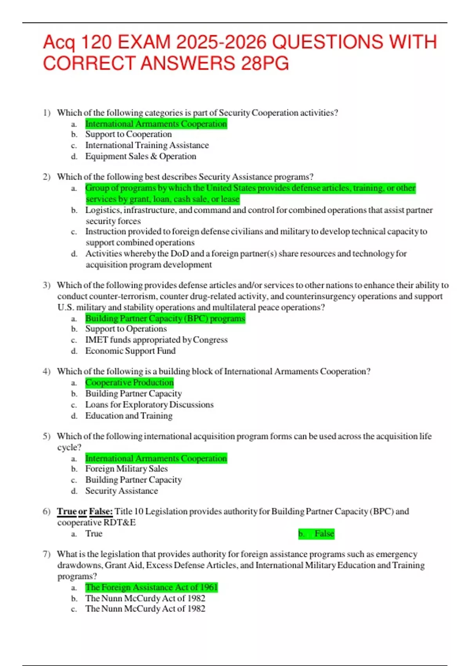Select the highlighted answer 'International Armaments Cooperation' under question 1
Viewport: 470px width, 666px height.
click(156, 124)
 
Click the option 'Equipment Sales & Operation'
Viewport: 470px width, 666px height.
click(141, 156)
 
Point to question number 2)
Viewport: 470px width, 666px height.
click(47, 177)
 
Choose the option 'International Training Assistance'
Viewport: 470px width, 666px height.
click(147, 145)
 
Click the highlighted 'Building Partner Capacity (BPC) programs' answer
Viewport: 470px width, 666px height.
click(165, 318)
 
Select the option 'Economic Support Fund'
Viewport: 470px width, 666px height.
click(130, 351)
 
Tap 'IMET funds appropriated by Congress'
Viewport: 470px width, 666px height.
click(156, 340)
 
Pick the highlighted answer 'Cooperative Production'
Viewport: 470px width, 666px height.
click(129, 382)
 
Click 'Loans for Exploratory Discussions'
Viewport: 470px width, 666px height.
click(149, 405)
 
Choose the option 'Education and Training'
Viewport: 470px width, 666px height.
click(129, 416)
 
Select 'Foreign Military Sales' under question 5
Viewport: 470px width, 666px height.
click(126, 469)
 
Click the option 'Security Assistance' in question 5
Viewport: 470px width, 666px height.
click(121, 491)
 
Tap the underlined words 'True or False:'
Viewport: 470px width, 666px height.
click(85, 512)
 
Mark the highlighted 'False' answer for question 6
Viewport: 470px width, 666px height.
click(324, 534)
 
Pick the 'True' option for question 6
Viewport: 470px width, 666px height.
click(94, 534)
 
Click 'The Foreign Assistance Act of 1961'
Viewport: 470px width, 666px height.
click(151, 587)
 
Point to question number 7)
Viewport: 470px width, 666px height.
click(47, 554)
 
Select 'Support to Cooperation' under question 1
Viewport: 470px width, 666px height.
click(128, 134)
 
